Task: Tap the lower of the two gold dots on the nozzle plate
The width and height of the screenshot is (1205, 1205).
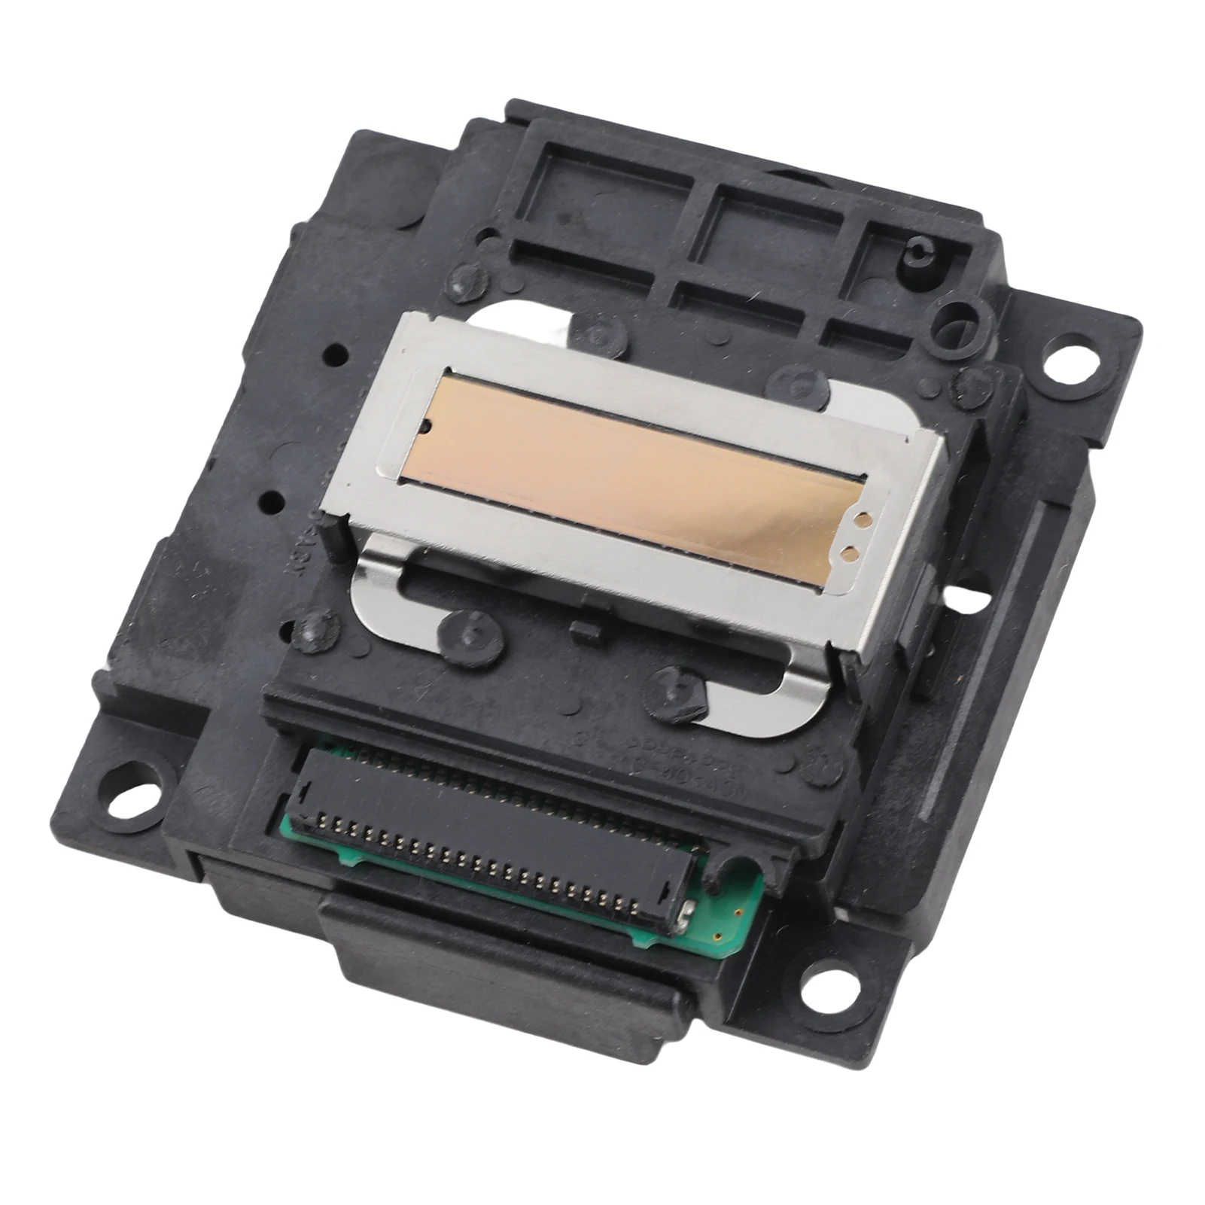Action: pos(850,554)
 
